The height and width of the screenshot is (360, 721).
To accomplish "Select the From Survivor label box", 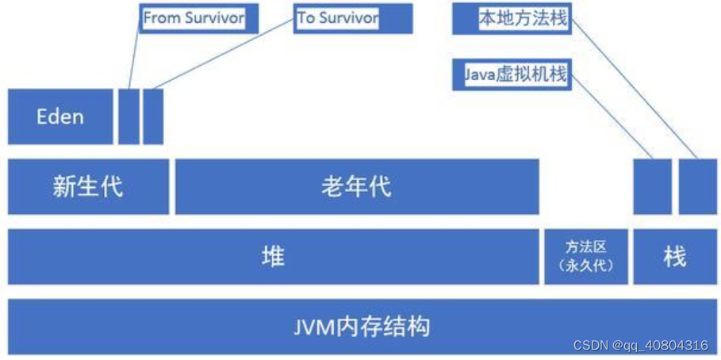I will click(199, 18).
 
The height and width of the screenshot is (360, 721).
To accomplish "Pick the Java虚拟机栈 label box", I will click(512, 75).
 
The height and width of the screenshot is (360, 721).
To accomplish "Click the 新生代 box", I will click(88, 186).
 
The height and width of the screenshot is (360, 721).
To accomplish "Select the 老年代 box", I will click(356, 186).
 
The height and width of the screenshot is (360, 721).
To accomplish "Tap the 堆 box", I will click(273, 256).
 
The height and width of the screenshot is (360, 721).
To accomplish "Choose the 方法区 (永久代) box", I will click(586, 256).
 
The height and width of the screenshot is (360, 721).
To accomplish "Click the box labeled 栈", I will click(675, 256).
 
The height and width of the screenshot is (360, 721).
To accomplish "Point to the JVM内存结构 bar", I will click(362, 326).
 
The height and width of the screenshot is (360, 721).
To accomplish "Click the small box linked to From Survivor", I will click(128, 117).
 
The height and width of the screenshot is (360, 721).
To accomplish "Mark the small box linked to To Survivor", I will click(153, 117).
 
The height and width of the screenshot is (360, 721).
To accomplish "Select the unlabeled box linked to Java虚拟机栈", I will click(652, 186).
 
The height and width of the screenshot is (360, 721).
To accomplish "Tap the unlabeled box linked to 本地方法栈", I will click(697, 186).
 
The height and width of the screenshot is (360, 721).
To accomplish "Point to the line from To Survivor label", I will click(222, 53).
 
